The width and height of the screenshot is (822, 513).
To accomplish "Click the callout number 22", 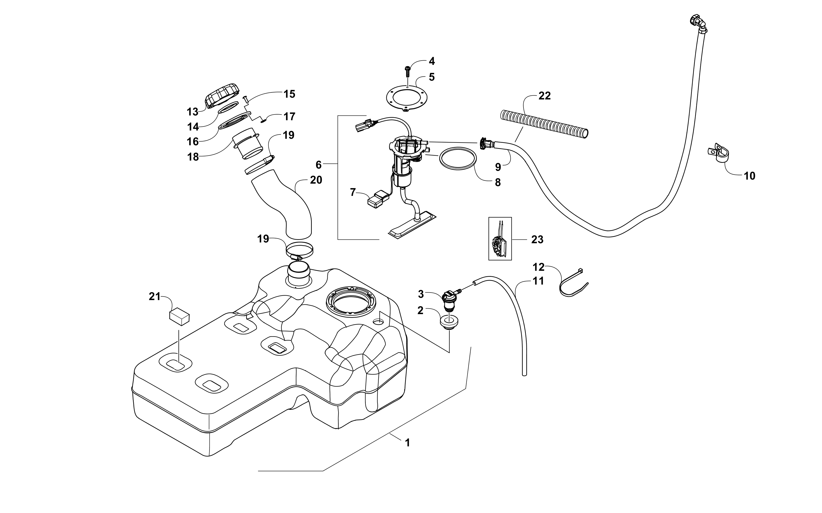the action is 545,96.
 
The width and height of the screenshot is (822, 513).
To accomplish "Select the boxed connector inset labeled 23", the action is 500,238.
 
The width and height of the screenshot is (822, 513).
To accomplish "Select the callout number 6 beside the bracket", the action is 318,165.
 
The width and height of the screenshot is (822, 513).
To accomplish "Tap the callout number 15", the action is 289,94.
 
